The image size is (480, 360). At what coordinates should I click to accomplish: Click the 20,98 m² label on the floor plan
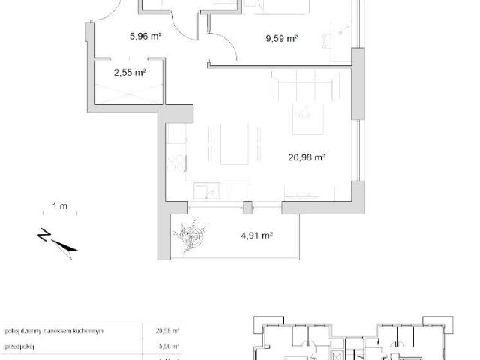(306, 157)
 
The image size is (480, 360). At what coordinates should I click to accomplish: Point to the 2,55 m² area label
(129, 73)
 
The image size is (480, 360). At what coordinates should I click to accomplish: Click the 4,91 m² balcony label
(256, 235)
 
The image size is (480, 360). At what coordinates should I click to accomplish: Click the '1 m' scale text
(60, 206)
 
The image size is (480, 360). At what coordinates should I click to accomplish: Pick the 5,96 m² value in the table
(166, 347)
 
